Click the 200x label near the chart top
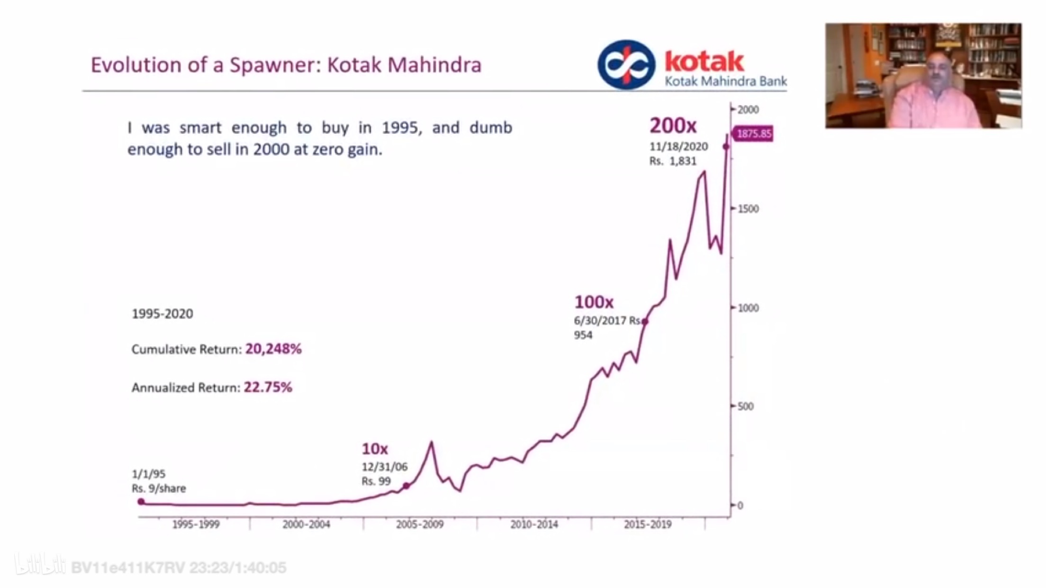(x=673, y=126)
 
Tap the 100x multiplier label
(x=594, y=302)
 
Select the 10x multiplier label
(x=375, y=449)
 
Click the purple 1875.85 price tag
(x=754, y=134)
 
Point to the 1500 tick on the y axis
(x=748, y=209)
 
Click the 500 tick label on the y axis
(x=745, y=407)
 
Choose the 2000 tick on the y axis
(x=748, y=110)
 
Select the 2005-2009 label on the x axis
(x=420, y=525)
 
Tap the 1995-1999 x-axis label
(x=196, y=525)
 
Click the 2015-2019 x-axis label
(x=648, y=525)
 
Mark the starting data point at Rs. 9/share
(x=141, y=502)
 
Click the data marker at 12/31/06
(x=406, y=486)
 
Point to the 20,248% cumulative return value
(x=273, y=349)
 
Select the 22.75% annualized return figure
(x=268, y=387)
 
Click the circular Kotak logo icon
(x=626, y=65)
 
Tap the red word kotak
(x=704, y=62)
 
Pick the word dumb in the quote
(x=491, y=128)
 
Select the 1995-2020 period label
(x=162, y=314)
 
